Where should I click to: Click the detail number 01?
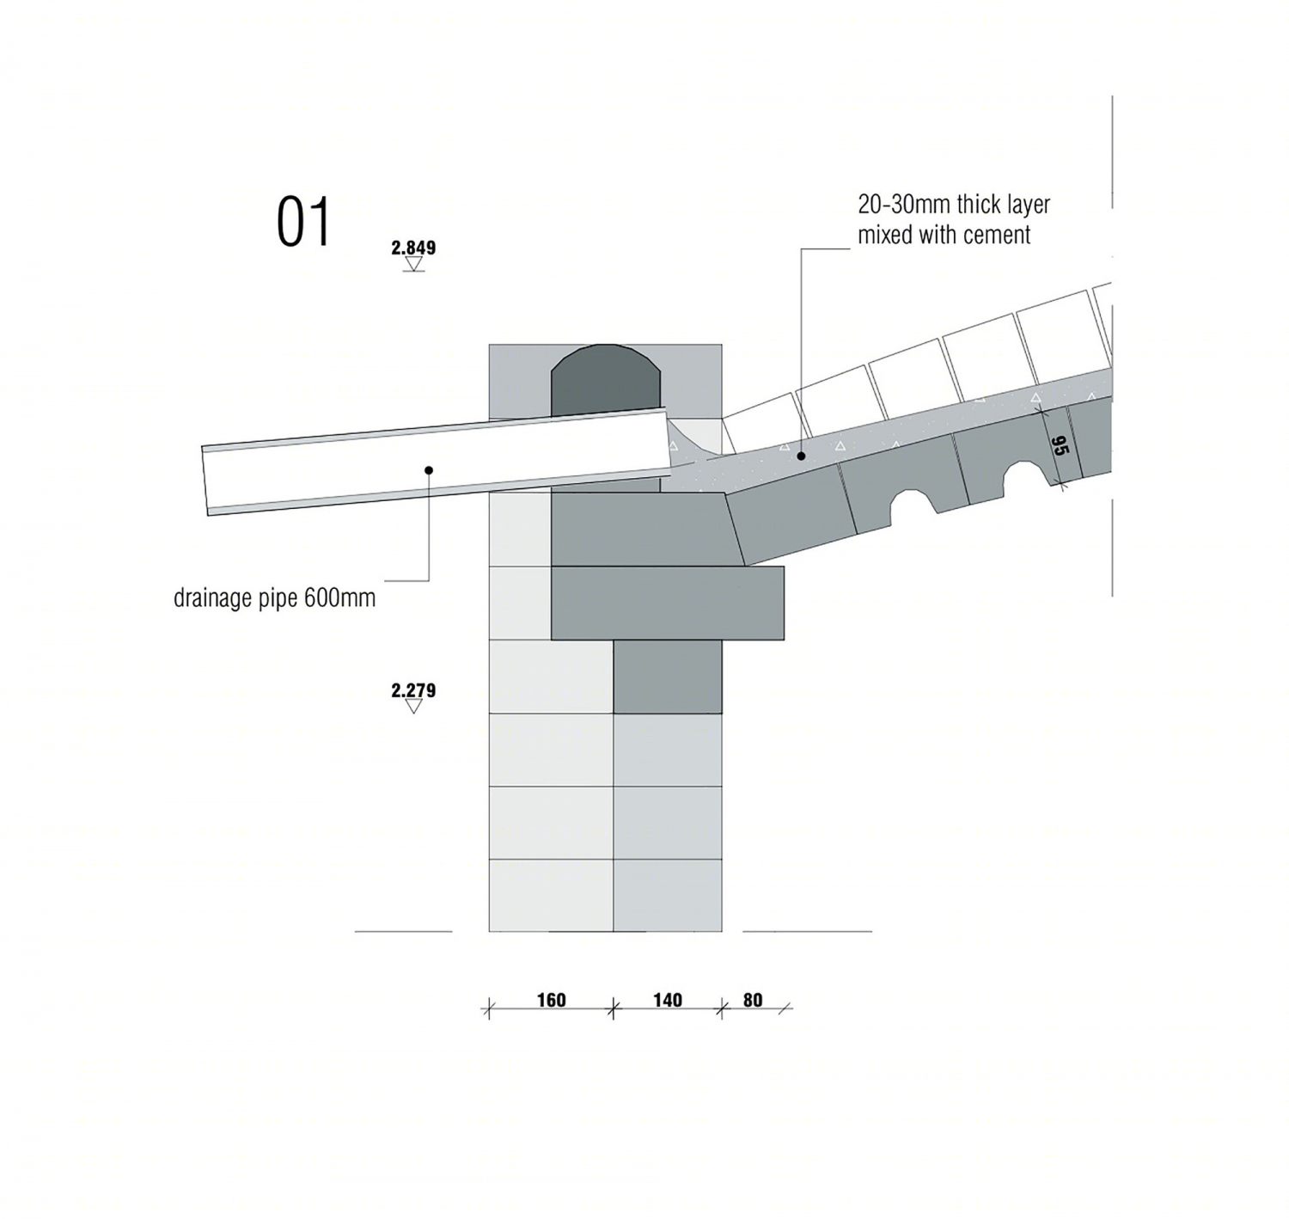pos(302,222)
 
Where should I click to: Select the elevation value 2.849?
pos(413,248)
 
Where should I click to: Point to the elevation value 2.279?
pos(413,690)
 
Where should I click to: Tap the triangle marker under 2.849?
pos(413,265)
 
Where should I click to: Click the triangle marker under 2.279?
pos(413,707)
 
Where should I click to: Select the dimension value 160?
pos(551,1000)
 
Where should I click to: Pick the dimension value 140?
pos(668,1000)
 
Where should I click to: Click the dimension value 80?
pos(753,1000)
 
